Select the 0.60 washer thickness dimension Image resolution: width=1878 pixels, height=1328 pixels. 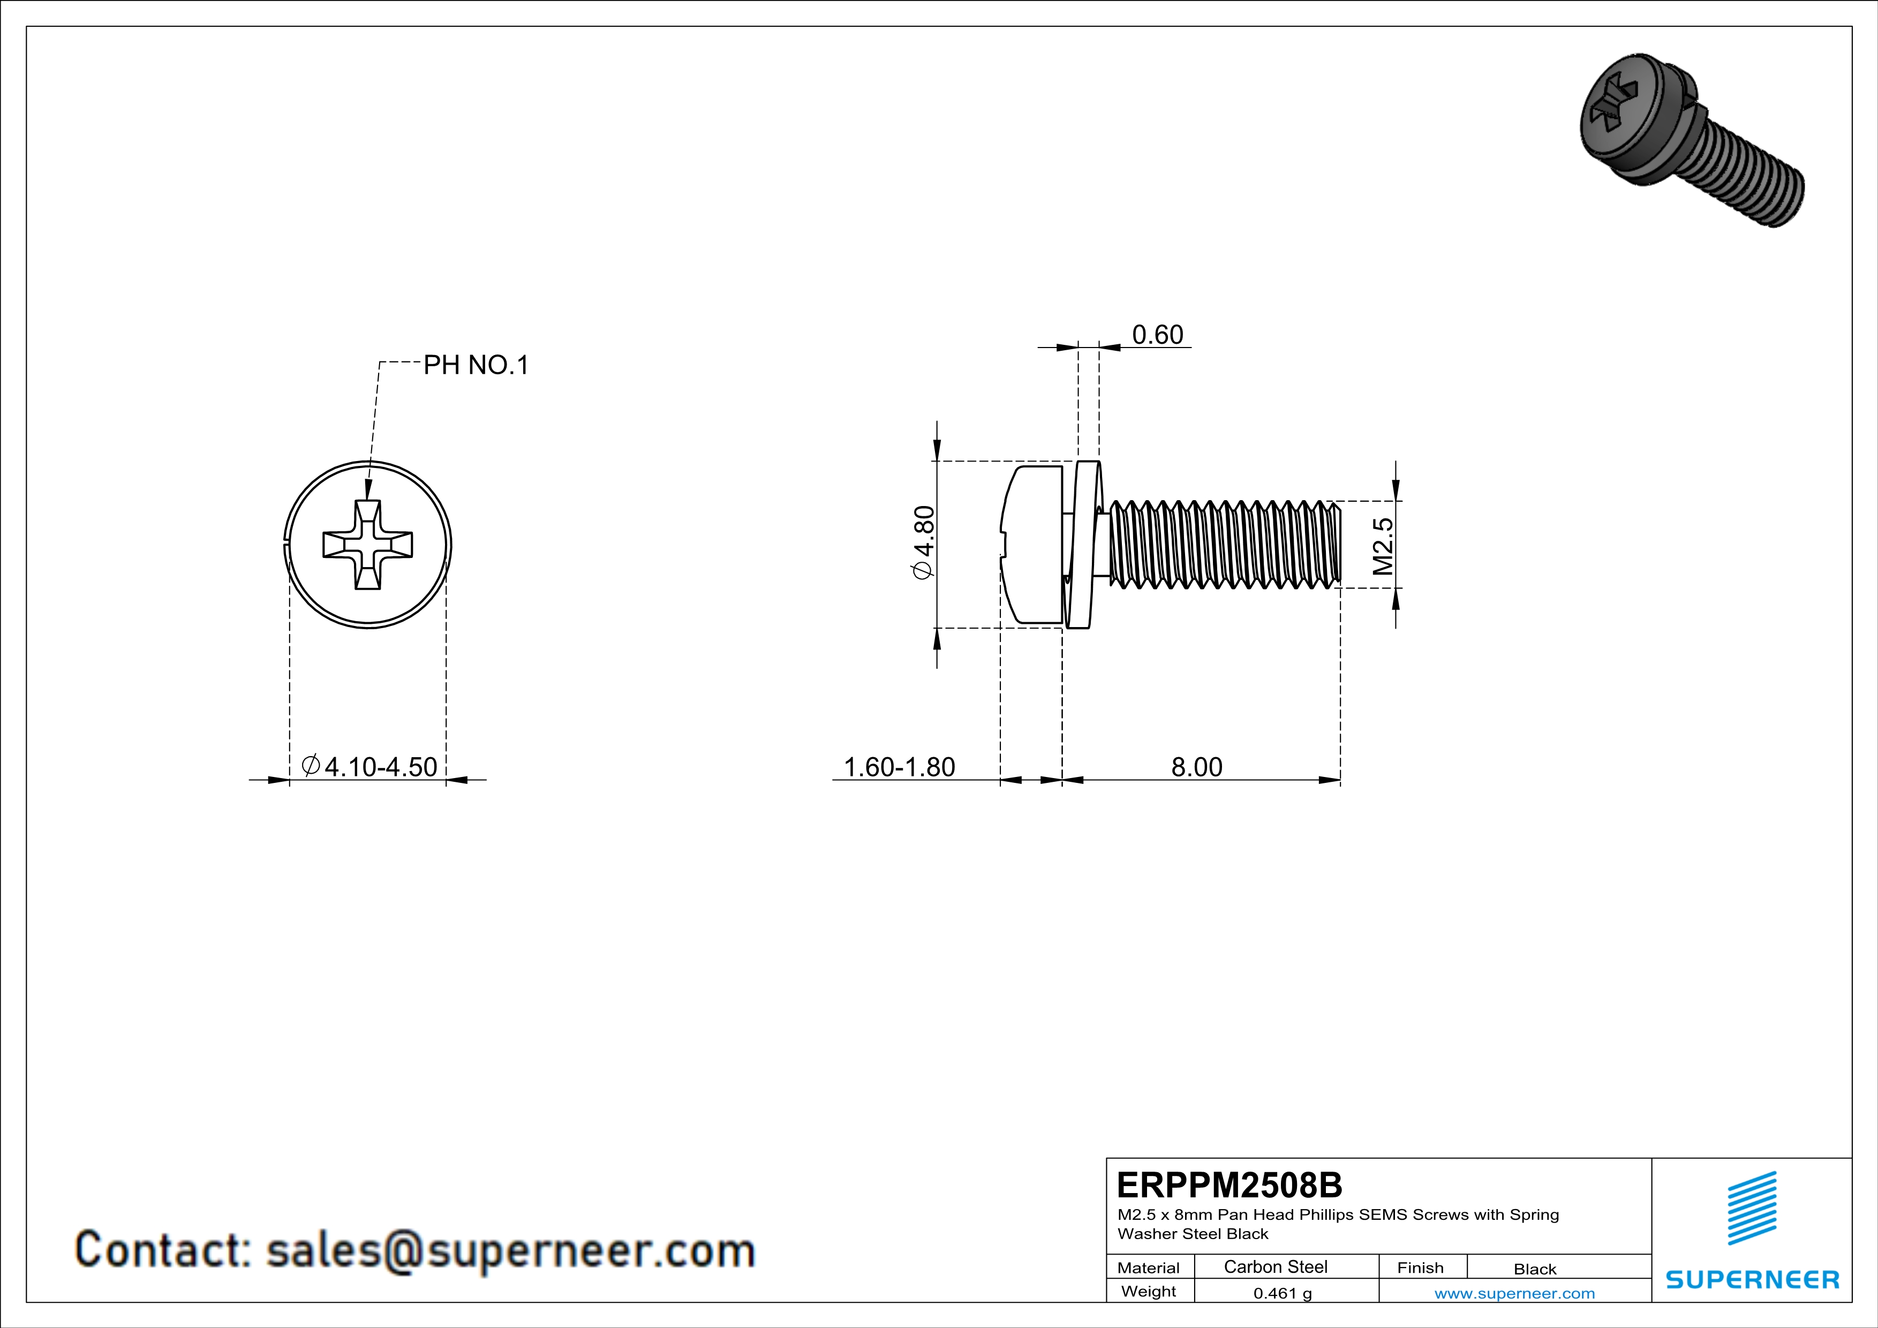pos(1157,335)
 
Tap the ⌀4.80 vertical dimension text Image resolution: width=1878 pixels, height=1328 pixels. pos(923,542)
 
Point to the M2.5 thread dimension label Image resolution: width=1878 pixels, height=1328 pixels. pos(1382,546)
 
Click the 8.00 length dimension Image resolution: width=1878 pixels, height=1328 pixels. pos(1196,766)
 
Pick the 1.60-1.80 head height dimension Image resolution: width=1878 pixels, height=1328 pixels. pos(899,766)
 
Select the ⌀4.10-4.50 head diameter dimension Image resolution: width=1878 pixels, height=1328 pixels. pos(369,766)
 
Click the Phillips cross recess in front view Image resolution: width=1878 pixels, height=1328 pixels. pos(367,545)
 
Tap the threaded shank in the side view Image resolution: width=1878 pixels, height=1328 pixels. pos(1223,545)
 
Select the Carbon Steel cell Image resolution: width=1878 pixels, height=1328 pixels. pos(1275,1266)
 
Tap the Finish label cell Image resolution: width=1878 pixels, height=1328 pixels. pos(1420,1267)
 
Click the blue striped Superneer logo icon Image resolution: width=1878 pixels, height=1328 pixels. pos(1751,1208)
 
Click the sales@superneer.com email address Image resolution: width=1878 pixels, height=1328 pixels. pos(510,1250)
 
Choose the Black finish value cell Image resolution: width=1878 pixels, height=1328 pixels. pos(1534,1269)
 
